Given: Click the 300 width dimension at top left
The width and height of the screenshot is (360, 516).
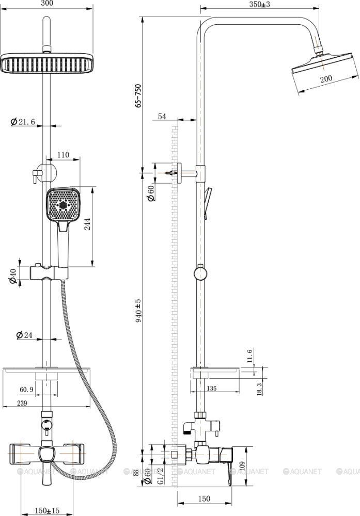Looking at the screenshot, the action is [48, 3].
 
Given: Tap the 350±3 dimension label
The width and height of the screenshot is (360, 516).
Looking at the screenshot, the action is [260, 4].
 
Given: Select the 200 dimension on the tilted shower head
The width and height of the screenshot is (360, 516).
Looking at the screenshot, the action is [326, 78].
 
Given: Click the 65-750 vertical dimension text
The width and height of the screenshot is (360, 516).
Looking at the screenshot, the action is [138, 96].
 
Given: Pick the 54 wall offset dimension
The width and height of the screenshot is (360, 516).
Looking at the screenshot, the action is [162, 116].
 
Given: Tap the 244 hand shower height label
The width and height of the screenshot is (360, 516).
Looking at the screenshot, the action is [88, 224].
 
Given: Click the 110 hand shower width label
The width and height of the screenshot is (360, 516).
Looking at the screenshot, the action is [63, 155].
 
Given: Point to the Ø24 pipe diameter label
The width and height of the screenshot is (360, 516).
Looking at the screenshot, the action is [25, 335].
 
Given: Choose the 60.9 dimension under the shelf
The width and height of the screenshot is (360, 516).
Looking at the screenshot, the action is [26, 390].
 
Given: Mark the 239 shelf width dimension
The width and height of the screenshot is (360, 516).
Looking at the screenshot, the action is [22, 403].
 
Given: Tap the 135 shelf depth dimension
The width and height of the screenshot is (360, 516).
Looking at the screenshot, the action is [211, 389].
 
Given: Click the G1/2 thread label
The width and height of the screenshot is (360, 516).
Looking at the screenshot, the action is [161, 476].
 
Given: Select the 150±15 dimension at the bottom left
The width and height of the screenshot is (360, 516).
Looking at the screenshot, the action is [47, 510].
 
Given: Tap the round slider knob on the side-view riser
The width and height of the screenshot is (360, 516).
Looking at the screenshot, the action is [200, 273].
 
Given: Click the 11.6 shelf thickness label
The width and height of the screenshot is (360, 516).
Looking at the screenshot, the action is [249, 356].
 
